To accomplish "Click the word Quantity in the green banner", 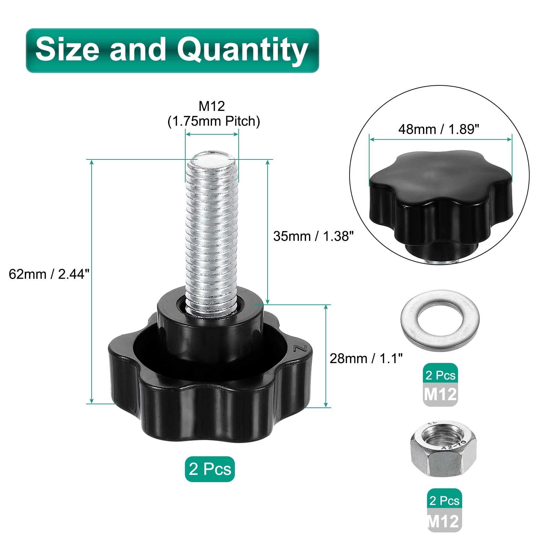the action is (242, 51).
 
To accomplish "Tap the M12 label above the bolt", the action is (212, 106).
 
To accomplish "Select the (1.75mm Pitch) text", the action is (214, 121).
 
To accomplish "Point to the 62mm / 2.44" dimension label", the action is (49, 274).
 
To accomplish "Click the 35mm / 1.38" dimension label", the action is (313, 236).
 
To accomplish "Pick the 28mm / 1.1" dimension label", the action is (366, 358).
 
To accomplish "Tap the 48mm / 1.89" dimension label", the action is (439, 129).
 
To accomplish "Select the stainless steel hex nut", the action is (443, 449).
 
